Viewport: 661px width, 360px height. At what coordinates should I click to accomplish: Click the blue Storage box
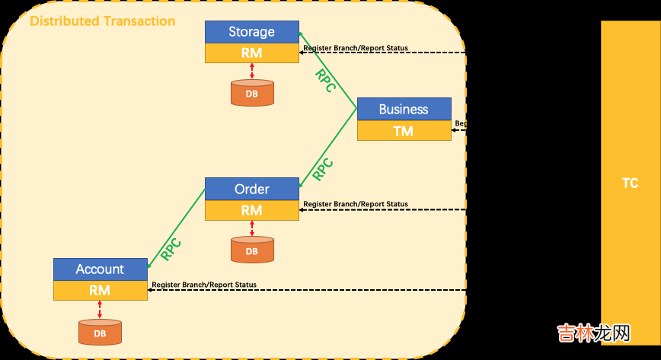point(251,32)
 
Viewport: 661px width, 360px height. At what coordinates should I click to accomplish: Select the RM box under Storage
point(251,53)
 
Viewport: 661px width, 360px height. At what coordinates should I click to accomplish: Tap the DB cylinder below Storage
point(252,93)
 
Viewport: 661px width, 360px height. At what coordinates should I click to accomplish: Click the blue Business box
point(404,109)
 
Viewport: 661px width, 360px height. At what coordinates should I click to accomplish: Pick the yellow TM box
point(404,131)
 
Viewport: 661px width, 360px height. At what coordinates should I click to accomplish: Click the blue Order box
point(251,189)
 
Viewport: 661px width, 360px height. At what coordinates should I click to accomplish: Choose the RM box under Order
point(251,210)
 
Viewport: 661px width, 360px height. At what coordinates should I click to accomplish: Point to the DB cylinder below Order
point(252,250)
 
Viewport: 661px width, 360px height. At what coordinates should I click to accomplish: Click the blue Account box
point(100,269)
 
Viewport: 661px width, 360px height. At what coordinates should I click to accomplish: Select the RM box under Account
point(100,290)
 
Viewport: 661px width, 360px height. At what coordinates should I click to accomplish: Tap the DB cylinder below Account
point(100,333)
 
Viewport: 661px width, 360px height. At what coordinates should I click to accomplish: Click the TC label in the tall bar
point(630,183)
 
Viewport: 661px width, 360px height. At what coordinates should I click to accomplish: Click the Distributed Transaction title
point(102,21)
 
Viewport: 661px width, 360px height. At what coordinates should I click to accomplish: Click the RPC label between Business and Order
point(324,168)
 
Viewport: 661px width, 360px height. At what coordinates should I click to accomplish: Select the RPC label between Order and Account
point(171,249)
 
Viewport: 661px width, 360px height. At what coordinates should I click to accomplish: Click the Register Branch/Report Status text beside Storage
point(356,48)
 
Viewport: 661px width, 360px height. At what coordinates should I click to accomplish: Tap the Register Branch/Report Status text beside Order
point(356,204)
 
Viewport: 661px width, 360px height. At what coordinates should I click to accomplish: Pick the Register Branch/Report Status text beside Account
point(204,285)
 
